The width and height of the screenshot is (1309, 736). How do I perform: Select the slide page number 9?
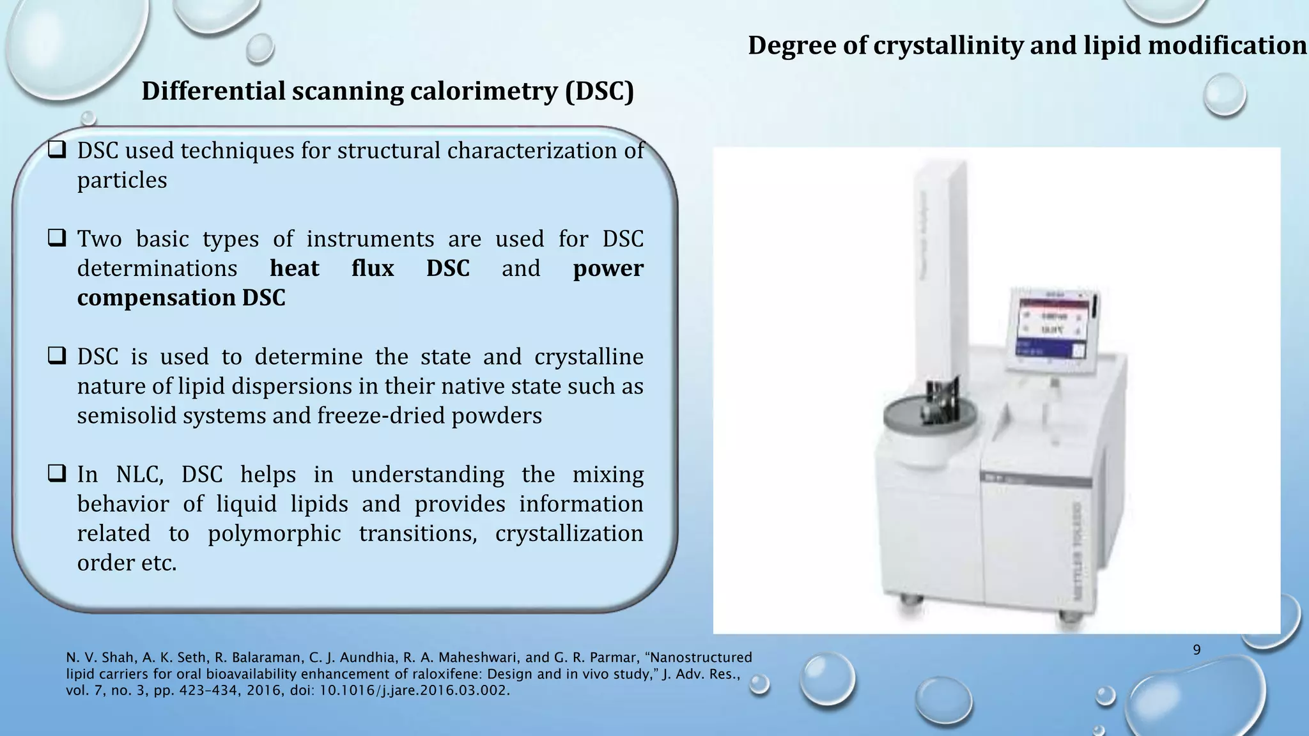pos(1197,650)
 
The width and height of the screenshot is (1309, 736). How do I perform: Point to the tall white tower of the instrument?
pos(939,268)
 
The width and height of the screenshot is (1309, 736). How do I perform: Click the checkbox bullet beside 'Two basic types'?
pos(57,239)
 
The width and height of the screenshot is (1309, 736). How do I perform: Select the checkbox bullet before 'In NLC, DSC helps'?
pos(57,475)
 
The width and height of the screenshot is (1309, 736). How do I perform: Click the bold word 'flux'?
pos(372,268)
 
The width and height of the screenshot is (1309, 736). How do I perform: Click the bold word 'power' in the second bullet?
pos(608,268)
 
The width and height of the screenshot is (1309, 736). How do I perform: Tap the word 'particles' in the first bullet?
pos(122,180)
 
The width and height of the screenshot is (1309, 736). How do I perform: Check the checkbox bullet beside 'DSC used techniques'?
pos(57,151)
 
